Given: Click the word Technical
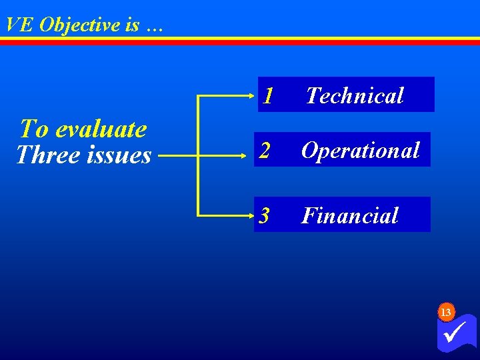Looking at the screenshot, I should pos(355,96).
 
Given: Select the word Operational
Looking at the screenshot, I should pos(360,151).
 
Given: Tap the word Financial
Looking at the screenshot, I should pos(349,215).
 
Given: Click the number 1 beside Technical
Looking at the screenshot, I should pos(267,97).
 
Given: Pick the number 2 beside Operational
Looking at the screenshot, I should pos(265,151).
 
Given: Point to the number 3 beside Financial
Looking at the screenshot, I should pos(265,215).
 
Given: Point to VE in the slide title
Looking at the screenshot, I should pos(19,25).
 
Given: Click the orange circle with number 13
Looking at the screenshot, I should pos(446,312).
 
